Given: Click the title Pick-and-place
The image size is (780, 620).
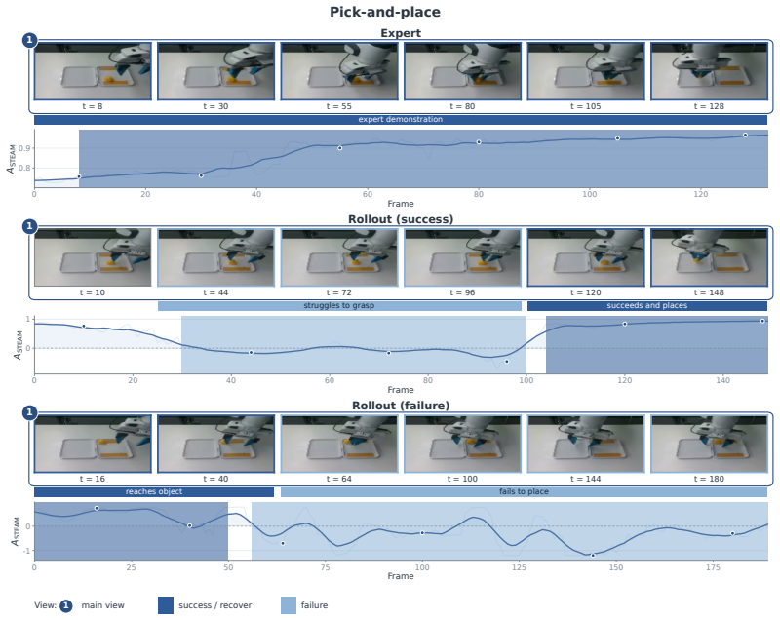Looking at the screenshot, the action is [x=384, y=12].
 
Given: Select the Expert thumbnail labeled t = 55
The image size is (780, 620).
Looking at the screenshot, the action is [x=339, y=71].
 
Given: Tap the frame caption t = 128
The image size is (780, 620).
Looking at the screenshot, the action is [x=709, y=106].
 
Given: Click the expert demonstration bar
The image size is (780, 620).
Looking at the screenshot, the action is [x=401, y=119].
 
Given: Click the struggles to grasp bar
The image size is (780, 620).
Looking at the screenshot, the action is [x=339, y=306].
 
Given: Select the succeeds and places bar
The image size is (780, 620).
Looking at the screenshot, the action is [x=647, y=306].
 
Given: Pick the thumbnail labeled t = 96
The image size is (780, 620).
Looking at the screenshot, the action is [x=462, y=257].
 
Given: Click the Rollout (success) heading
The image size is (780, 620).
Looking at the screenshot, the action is [x=401, y=219].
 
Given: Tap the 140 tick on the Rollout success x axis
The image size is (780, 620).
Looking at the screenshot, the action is [x=722, y=380].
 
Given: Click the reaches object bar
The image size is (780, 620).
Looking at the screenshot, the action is [x=154, y=491].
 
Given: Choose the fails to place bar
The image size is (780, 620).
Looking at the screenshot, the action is [x=524, y=491].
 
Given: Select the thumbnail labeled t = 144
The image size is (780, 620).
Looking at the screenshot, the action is [x=586, y=444].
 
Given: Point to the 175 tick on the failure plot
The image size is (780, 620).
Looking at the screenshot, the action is [x=713, y=567].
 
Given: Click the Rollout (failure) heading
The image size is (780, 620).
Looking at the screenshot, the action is [x=401, y=406].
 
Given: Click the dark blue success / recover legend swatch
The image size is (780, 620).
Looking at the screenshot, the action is [x=166, y=605].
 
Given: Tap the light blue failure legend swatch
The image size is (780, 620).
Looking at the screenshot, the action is [x=289, y=605].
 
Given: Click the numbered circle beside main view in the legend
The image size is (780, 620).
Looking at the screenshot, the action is [x=65, y=605].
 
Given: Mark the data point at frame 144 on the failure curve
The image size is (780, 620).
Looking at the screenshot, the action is [x=593, y=555].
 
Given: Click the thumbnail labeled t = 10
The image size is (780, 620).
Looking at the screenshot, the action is [x=93, y=257].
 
